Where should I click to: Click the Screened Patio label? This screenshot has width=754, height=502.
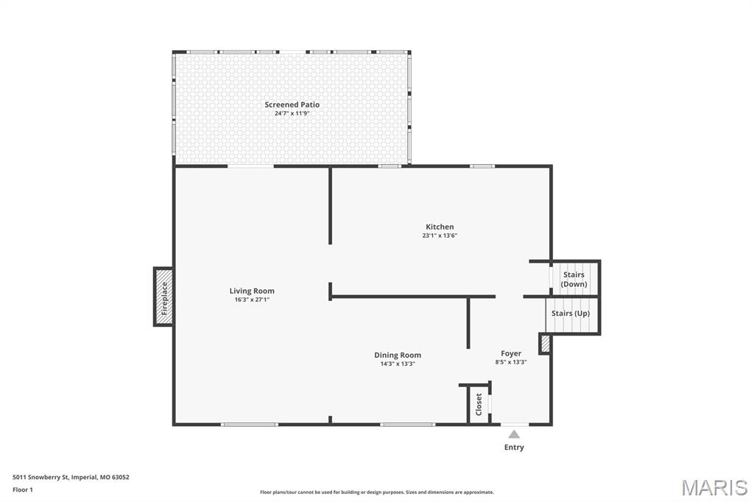292,105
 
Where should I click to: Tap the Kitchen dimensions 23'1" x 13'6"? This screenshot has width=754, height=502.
440,236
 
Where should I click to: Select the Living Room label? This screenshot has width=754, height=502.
252,291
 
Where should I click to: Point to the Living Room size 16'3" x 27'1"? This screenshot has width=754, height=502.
252,300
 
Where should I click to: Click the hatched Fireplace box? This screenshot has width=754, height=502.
163,296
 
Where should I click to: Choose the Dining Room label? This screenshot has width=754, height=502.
398,355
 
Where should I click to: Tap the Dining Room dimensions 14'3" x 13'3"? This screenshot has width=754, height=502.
398,364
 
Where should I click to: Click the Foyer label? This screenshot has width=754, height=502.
511,353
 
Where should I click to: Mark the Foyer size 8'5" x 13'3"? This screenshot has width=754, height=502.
511,362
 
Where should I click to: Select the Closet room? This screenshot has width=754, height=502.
479,404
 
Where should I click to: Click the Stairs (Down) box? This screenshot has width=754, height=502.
574,279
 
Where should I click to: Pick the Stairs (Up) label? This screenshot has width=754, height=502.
571,314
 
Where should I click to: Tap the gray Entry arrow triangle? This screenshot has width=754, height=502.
514,434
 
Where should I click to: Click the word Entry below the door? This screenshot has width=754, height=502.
514,448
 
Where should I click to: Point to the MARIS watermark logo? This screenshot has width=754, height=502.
714,487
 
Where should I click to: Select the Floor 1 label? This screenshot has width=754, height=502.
23,489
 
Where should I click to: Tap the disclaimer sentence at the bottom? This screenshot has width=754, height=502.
376,492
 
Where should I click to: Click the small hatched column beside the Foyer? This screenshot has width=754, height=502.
545,344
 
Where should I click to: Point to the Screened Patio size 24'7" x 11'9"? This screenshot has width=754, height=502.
292,114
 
